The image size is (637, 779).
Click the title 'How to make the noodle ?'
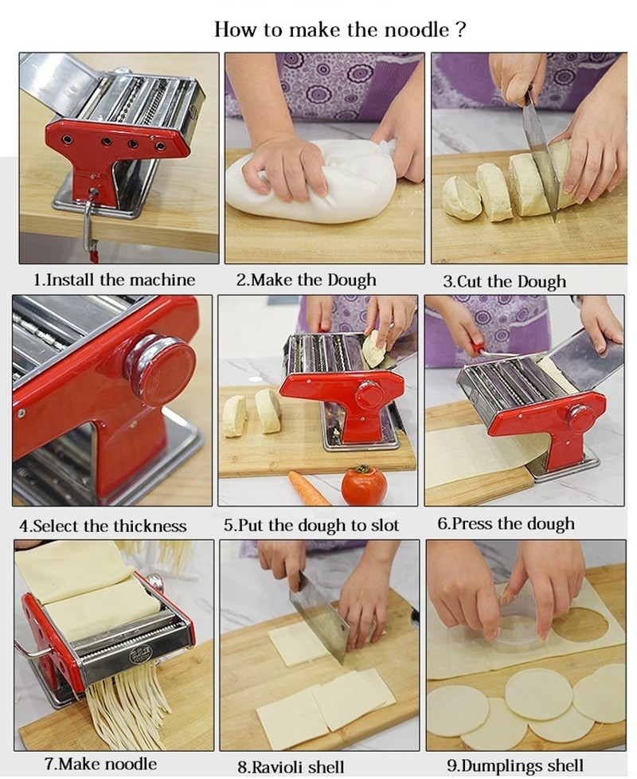click(340, 29)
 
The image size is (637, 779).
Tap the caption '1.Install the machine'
click(114, 280)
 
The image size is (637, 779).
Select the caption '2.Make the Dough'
click(306, 280)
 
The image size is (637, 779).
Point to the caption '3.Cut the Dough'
click(504, 282)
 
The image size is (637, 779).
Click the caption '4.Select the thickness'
click(103, 526)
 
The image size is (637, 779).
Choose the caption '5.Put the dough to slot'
click(311, 526)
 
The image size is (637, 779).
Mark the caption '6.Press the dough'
click(506, 524)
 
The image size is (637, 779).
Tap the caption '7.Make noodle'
click(100, 764)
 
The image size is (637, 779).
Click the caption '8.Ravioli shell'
click(291, 766)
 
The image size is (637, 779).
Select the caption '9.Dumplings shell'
click(515, 765)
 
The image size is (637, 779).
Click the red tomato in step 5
click(363, 485)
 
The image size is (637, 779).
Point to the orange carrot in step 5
click(309, 487)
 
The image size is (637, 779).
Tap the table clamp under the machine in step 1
click(89, 222)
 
